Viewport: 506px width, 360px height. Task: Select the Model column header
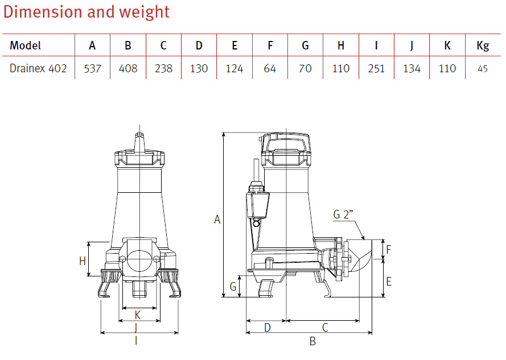coord(25,45)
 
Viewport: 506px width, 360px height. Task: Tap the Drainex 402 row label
coord(38,68)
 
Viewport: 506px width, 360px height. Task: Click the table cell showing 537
coord(92,68)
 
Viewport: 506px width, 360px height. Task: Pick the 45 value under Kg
coord(482,69)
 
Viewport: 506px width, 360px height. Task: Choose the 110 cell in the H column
coord(340,68)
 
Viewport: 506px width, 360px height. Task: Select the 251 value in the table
coord(376,68)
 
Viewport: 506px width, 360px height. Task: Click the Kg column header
coord(482,45)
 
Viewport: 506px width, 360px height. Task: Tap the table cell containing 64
coord(270,68)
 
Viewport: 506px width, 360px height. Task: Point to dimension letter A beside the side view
coord(217,220)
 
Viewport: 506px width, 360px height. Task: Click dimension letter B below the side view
coord(312,341)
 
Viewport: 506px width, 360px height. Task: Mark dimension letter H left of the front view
coord(82,261)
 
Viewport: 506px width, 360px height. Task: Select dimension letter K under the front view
coord(138,315)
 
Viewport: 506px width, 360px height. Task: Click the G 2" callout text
coord(344,214)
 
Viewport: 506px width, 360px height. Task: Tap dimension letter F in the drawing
coord(389,249)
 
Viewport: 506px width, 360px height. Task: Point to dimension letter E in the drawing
coord(389,281)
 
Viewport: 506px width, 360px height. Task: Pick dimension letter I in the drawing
coord(135,341)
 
